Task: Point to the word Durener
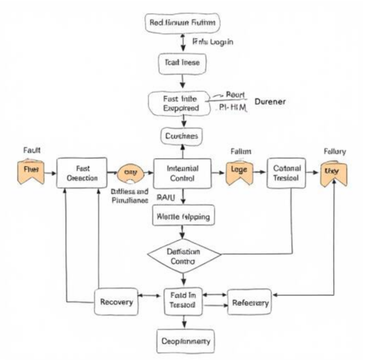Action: click(x=271, y=102)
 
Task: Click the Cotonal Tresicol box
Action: click(x=286, y=173)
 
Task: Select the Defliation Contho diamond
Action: click(x=184, y=255)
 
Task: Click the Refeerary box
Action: click(x=250, y=302)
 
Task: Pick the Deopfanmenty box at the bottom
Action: click(x=185, y=340)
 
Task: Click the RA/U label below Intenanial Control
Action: click(x=166, y=198)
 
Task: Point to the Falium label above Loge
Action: click(x=240, y=152)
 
